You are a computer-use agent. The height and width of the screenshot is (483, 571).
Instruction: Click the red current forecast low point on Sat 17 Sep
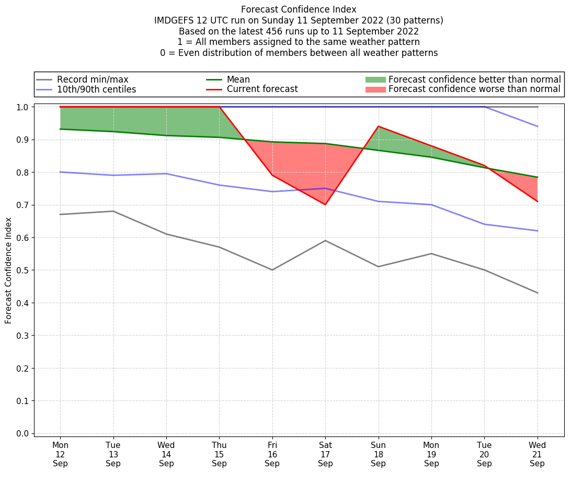325,204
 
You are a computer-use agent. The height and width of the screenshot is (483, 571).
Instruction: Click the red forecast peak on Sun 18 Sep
378,126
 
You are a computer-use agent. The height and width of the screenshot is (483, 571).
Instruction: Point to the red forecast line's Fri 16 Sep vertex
272,175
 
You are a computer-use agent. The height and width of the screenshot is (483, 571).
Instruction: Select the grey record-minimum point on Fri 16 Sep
272,270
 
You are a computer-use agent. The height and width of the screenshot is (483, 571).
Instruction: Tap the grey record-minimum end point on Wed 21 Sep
537,293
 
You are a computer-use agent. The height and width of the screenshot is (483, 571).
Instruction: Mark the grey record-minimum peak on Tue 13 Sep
113,211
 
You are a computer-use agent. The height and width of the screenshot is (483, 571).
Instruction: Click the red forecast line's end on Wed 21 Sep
537,201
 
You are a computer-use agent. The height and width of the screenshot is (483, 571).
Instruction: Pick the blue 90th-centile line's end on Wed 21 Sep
537,126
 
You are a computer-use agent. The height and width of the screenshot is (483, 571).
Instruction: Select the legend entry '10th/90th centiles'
96,89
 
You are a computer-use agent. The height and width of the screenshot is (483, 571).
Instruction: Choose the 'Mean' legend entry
238,79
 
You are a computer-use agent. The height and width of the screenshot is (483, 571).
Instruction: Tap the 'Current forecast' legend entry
262,89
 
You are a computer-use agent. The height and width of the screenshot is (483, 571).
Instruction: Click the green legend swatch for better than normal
375,79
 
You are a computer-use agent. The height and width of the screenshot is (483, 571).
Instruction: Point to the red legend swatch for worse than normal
375,89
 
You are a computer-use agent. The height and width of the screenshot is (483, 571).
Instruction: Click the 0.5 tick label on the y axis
22,270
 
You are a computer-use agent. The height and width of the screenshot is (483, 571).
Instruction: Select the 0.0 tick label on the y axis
22,433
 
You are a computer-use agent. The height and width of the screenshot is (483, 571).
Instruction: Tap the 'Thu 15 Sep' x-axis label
219,454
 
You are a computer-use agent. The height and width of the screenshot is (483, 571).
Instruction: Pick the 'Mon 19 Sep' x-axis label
431,454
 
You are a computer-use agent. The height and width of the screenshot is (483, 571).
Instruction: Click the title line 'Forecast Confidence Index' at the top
299,9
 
